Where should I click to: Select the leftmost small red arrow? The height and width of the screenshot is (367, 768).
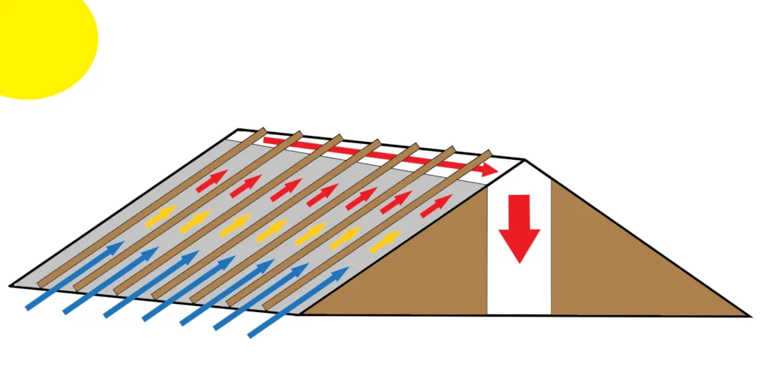213,180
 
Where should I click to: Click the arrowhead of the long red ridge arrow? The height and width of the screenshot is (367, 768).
487,170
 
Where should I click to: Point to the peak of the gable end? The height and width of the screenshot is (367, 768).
523,160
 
